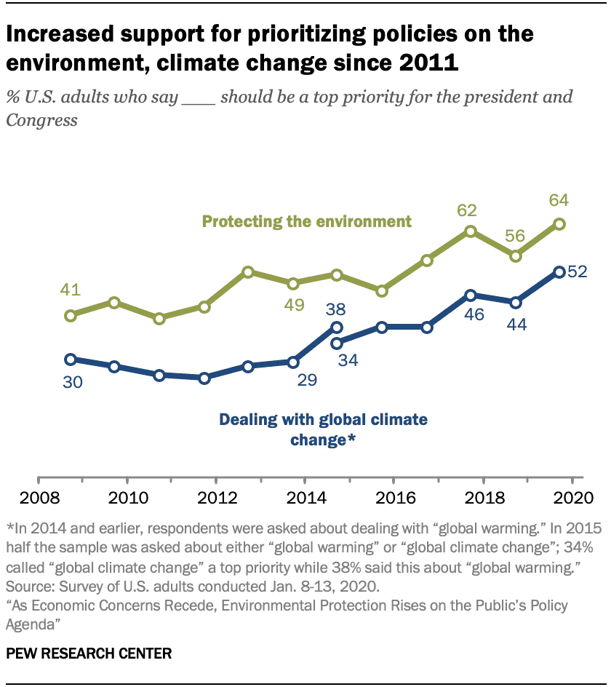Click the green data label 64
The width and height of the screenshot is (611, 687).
[559, 200]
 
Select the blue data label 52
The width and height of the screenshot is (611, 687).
[577, 272]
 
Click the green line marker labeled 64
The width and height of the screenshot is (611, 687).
[559, 224]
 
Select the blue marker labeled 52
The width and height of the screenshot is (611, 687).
[559, 272]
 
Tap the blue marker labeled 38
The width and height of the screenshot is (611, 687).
[337, 327]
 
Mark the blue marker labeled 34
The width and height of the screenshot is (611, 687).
[337, 343]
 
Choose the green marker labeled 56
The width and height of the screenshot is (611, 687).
[516, 256]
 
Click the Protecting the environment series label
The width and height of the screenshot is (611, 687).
[307, 221]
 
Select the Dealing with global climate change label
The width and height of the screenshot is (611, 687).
[323, 429]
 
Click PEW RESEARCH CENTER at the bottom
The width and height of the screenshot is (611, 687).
[89, 653]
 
